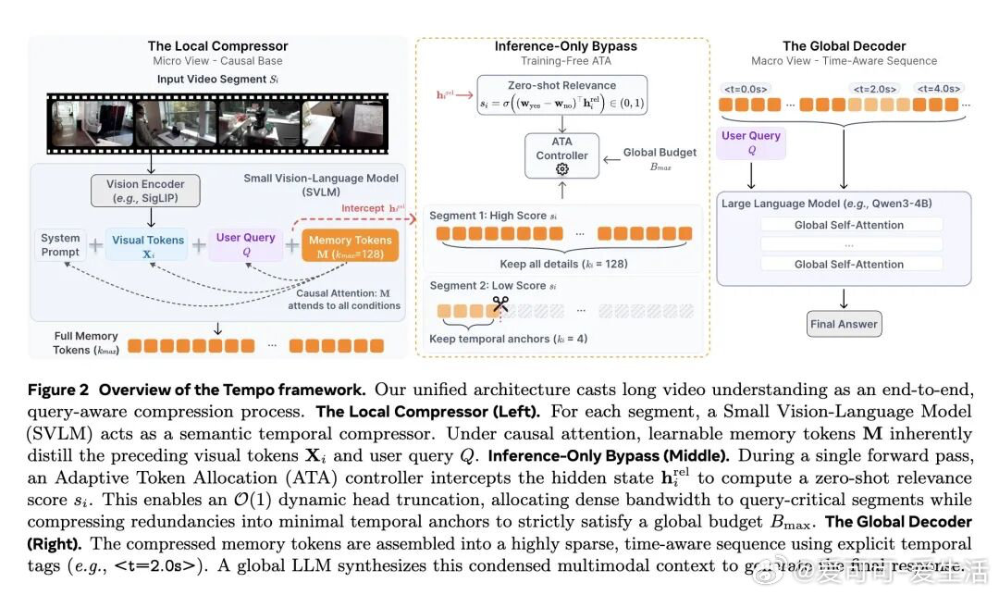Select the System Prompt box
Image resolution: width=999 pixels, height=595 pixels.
point(61,244)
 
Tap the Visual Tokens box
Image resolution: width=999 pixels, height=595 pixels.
point(148,245)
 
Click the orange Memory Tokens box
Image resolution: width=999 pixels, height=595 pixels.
point(350,245)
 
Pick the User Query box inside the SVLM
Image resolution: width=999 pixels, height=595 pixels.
point(245,244)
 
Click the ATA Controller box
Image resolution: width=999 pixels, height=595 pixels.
point(561,155)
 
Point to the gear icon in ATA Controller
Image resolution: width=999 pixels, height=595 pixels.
point(561,170)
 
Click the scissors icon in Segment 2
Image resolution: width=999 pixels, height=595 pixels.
point(500,303)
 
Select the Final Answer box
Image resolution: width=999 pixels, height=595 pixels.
point(845,324)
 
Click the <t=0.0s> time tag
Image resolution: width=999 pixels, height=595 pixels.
point(745,89)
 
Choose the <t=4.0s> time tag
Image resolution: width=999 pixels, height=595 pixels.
point(939,89)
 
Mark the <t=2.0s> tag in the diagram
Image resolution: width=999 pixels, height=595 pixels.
point(874,89)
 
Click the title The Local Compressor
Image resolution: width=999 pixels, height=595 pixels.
point(217,45)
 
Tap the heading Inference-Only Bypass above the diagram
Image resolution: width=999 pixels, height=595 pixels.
point(565,45)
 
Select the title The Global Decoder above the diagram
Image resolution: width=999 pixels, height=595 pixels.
point(844,45)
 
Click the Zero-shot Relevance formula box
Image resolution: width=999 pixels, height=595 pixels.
point(561,97)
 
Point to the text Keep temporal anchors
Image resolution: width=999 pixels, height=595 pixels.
point(508,339)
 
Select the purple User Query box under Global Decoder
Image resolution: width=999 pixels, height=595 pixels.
point(751,143)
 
